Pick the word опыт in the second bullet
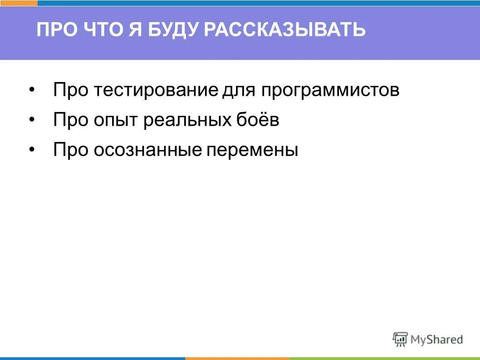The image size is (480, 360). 117,120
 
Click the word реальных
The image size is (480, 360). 188,120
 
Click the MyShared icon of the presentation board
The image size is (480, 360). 400,339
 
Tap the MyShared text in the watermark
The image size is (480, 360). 436,339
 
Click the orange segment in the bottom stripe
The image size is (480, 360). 237,358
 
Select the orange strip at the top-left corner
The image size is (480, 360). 19,3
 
